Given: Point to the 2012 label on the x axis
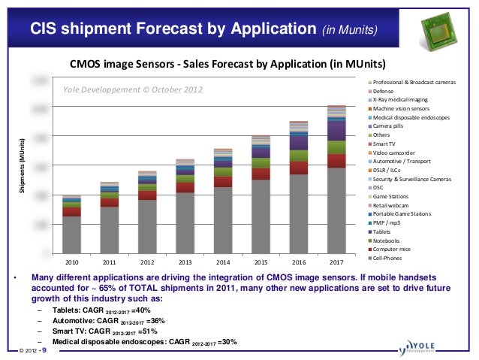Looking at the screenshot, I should tap(147, 262).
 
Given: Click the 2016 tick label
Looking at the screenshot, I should tap(299, 262).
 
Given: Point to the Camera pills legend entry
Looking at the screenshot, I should tap(391, 126).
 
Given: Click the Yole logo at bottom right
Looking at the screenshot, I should tap(433, 346).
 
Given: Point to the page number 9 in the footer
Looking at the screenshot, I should tap(43, 349).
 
